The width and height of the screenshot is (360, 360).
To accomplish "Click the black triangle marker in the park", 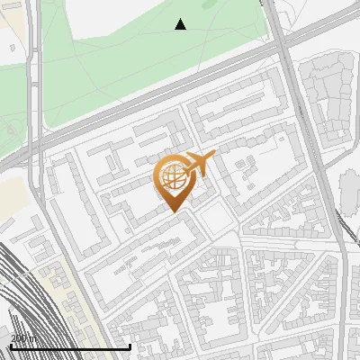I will [x=181, y=24].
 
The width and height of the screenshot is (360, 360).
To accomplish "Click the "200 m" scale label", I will [x=23, y=338].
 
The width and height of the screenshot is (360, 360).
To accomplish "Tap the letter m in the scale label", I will [x=33, y=338].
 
